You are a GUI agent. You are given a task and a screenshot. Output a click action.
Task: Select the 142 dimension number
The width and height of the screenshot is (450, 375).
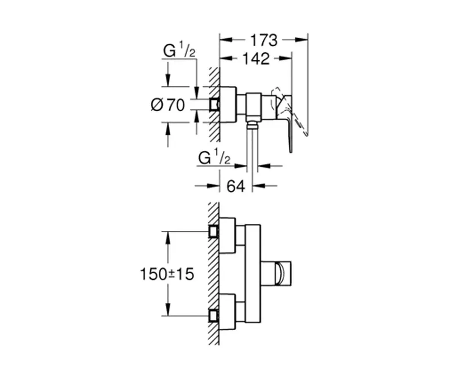point(256,59)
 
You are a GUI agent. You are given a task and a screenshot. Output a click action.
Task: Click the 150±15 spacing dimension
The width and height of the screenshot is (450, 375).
point(167,274)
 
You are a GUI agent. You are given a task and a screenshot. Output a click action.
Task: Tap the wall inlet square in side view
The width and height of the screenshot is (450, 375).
point(214,105)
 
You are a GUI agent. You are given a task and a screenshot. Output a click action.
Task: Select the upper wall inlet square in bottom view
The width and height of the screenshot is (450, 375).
point(214,231)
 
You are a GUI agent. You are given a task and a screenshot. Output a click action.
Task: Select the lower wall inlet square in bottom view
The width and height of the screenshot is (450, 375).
point(214,316)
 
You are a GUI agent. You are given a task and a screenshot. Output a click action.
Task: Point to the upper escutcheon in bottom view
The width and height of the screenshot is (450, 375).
point(227,236)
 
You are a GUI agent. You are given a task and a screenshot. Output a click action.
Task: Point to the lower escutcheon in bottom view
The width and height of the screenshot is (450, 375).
point(227,312)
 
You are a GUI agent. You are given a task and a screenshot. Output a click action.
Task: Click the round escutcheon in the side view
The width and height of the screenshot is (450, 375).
point(228,105)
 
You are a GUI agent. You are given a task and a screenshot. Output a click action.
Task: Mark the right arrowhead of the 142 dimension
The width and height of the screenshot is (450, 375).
point(286,58)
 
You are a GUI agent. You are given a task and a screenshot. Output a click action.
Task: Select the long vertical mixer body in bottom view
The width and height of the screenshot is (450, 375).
point(253,273)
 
